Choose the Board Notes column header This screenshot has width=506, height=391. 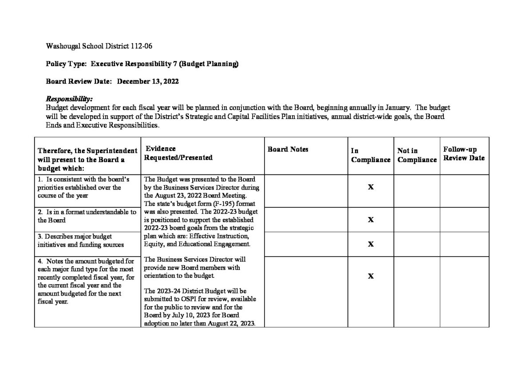tap(288, 150)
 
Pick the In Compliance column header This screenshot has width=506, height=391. tap(370, 155)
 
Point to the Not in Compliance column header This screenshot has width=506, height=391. tap(417, 155)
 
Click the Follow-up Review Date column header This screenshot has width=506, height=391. tap(464, 154)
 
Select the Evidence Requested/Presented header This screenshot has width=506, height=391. tap(178, 153)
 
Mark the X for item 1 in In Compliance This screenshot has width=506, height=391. tap(371, 187)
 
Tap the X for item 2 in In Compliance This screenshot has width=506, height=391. tap(371, 220)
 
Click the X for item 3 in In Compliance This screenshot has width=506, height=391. tap(371, 244)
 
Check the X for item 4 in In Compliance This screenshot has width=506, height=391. tap(371, 276)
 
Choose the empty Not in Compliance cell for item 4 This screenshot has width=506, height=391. tap(417, 292)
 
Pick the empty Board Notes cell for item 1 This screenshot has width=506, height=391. tap(306, 191)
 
